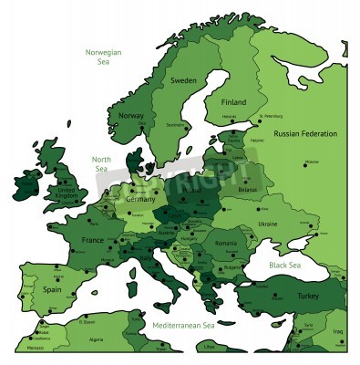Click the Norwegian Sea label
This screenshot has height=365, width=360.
click(104, 57)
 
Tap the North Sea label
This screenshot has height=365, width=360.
click(101, 164)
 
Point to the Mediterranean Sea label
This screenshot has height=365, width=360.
click(182, 325)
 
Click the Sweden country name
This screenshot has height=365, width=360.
click(183, 81)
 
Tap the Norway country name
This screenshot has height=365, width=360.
click(131, 116)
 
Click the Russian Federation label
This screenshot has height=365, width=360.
click(305, 133)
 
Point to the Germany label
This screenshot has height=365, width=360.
click(140, 199)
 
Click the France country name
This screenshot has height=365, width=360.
click(93, 239)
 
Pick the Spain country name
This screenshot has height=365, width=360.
click(51, 288)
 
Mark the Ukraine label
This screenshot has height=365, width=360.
click(268, 224)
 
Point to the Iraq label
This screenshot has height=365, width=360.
click(337, 332)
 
